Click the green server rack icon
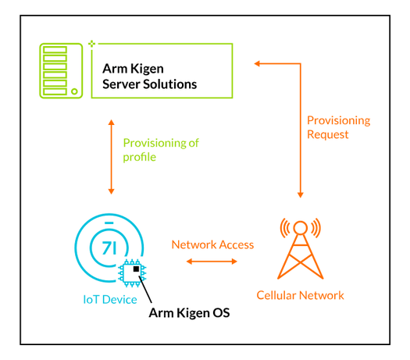(x=61, y=71)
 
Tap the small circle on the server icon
(x=74, y=91)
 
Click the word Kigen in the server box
(x=147, y=70)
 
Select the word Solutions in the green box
(x=170, y=84)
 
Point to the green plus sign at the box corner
(x=91, y=44)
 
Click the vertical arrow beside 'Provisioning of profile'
(x=112, y=157)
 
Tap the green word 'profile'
(x=140, y=158)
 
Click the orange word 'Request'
(x=328, y=135)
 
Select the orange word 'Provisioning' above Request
(x=339, y=121)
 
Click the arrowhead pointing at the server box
(x=257, y=63)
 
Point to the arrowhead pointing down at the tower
(x=301, y=194)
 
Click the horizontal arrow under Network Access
(x=212, y=261)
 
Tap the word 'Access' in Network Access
(x=237, y=245)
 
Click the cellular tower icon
(x=301, y=248)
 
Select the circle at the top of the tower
(x=301, y=227)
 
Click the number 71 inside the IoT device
(x=109, y=248)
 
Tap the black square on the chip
(x=136, y=269)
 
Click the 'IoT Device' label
(x=110, y=300)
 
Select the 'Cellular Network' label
(x=300, y=295)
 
